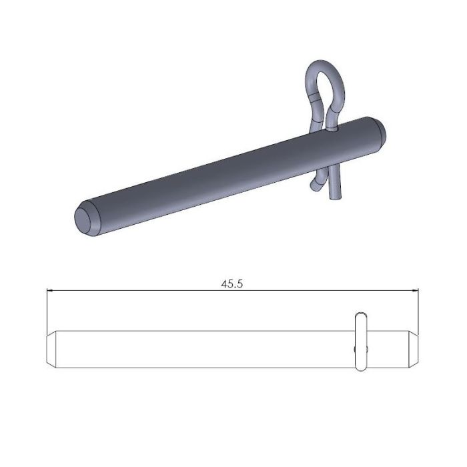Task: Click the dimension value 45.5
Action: [x=231, y=284]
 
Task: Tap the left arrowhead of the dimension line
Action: [x=51, y=291]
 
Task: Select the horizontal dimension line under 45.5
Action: [x=167, y=291]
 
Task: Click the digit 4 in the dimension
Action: [x=225, y=284]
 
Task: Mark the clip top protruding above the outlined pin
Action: [x=360, y=318]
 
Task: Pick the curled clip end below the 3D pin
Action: [x=314, y=183]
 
